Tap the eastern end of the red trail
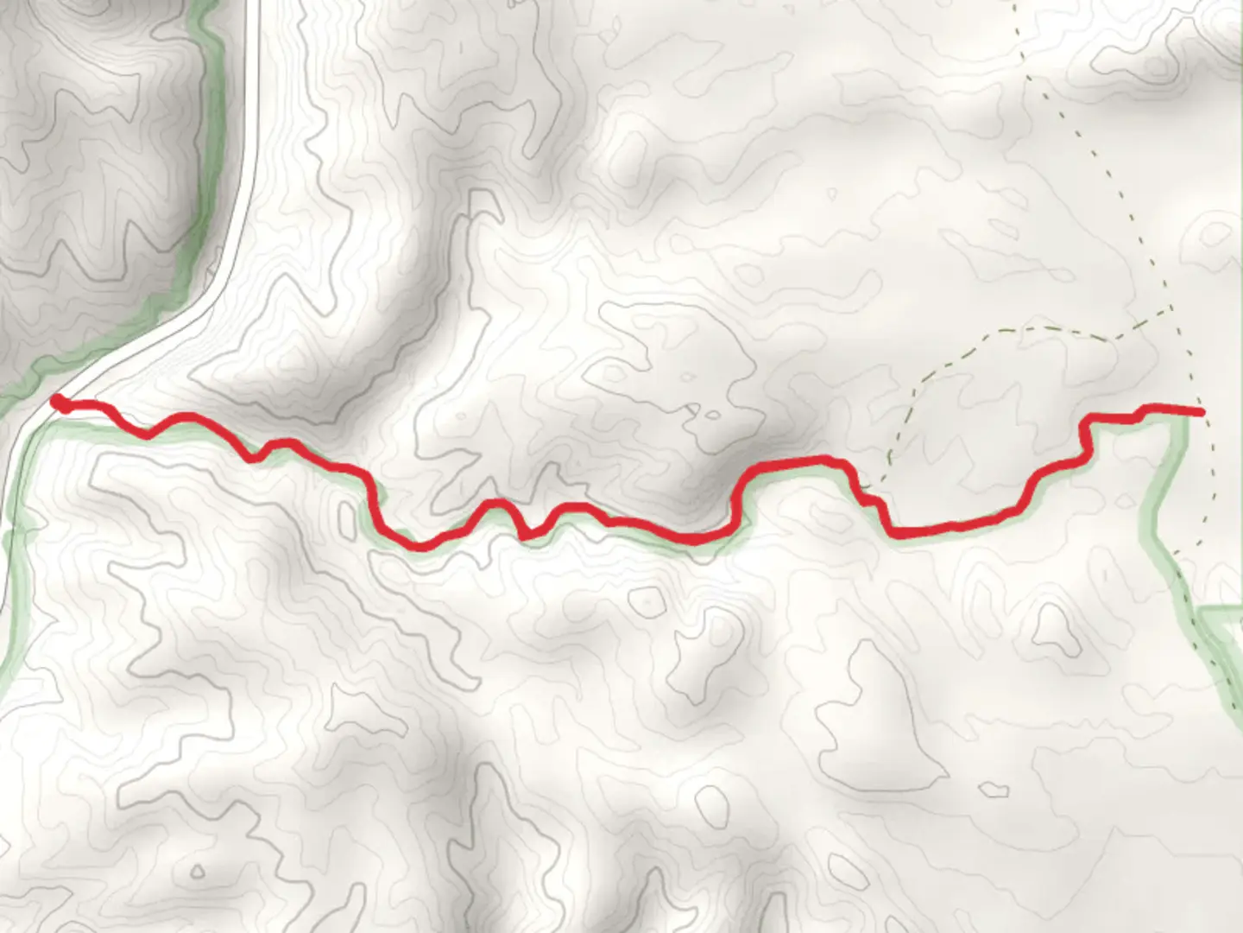[x=1201, y=413]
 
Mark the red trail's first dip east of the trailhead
[x=147, y=435]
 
